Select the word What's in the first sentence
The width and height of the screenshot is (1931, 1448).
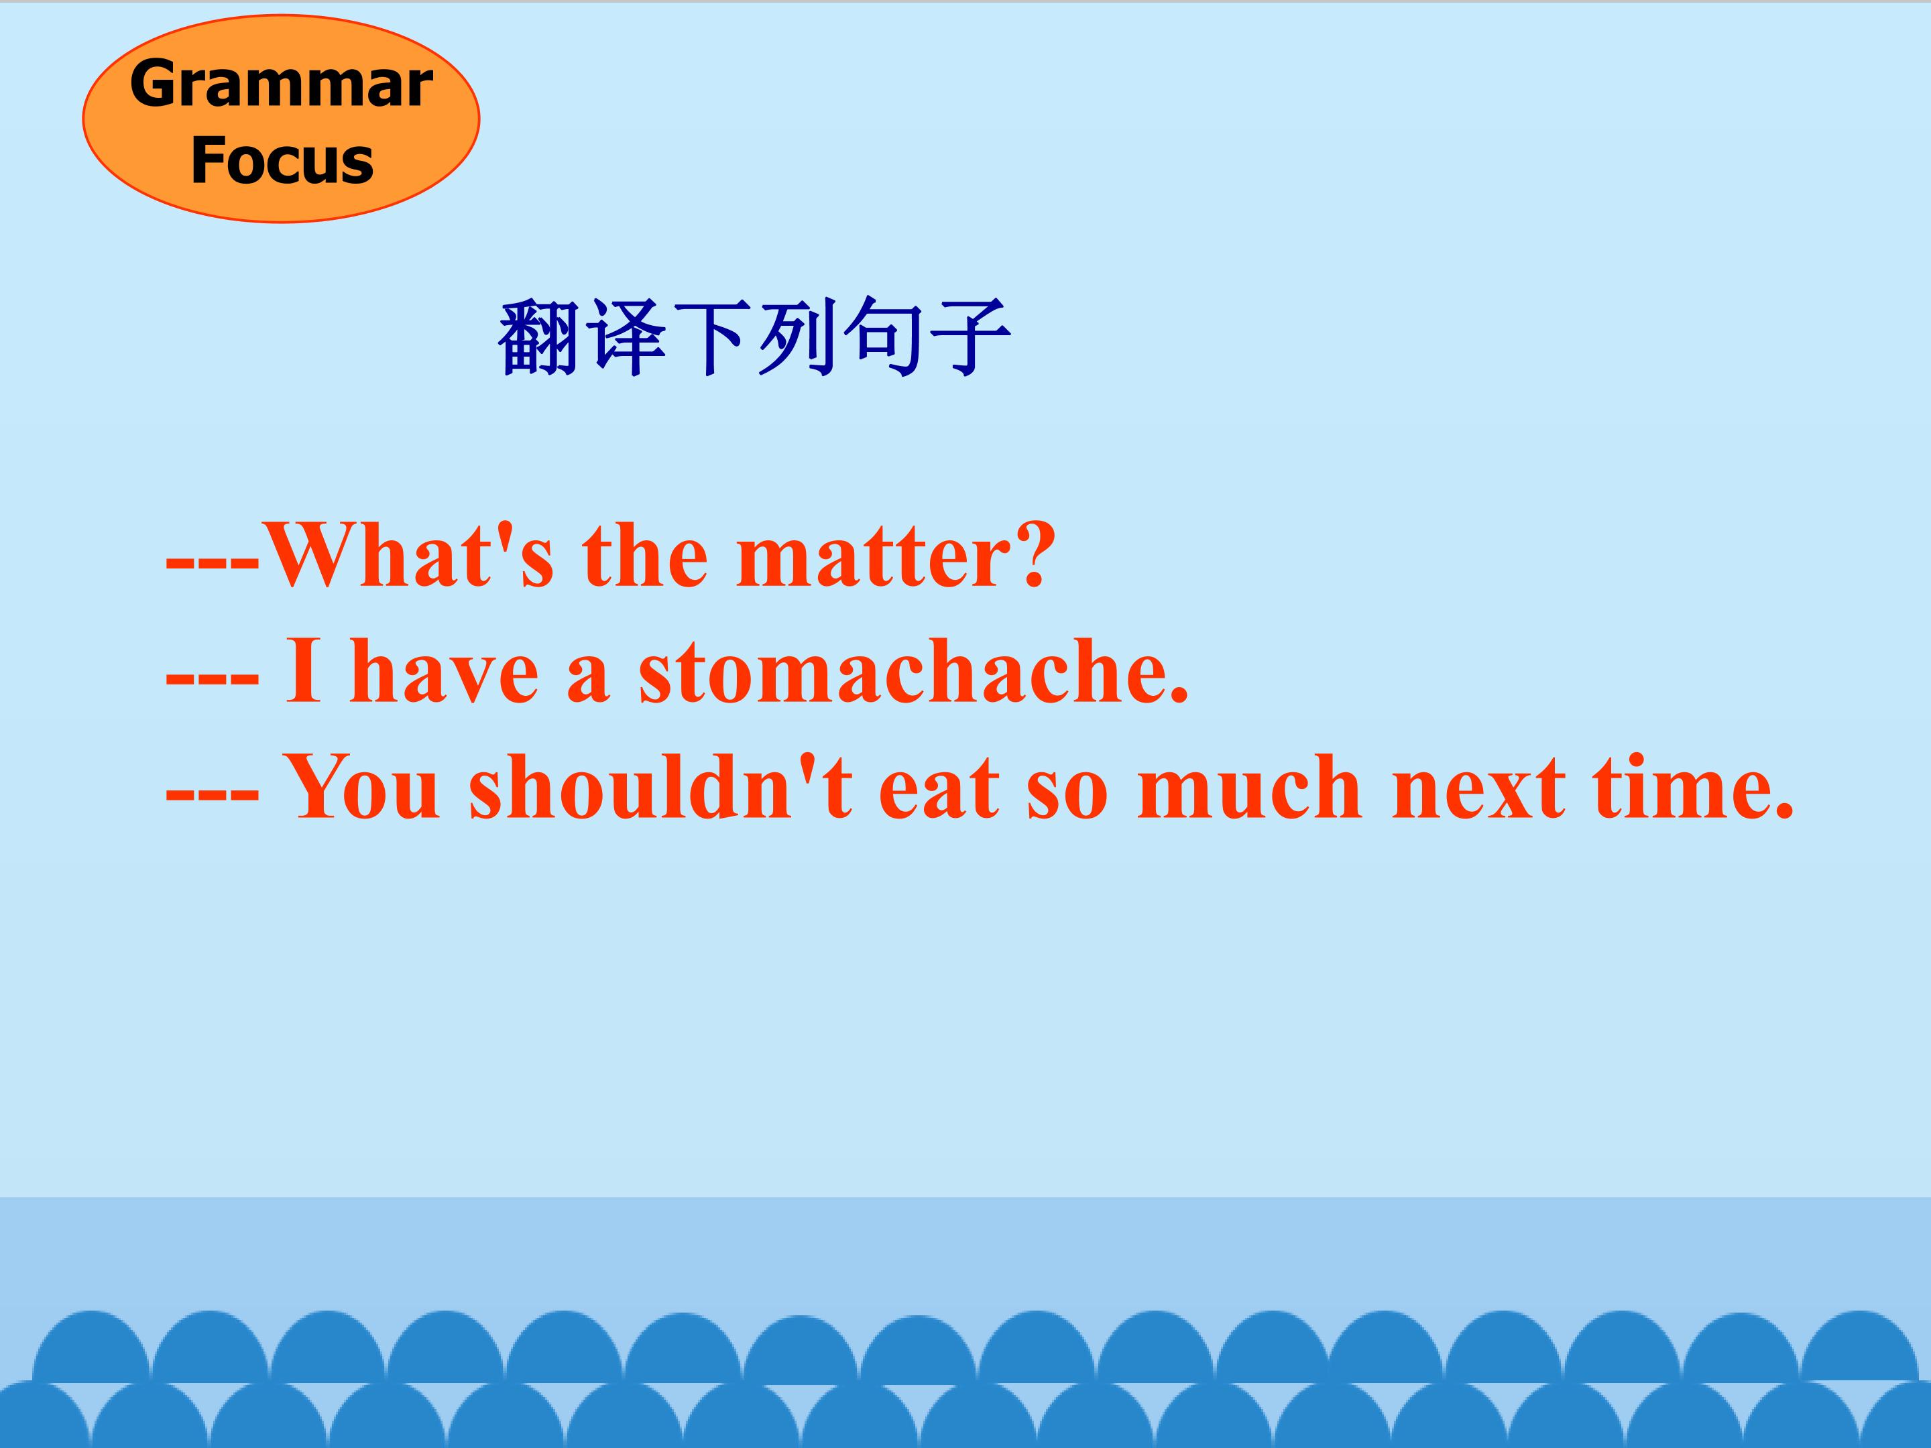[x=408, y=555]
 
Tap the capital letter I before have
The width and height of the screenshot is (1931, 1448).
[x=303, y=672]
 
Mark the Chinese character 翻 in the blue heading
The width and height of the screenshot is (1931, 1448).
[x=538, y=338]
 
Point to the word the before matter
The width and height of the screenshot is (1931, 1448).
[x=645, y=556]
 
